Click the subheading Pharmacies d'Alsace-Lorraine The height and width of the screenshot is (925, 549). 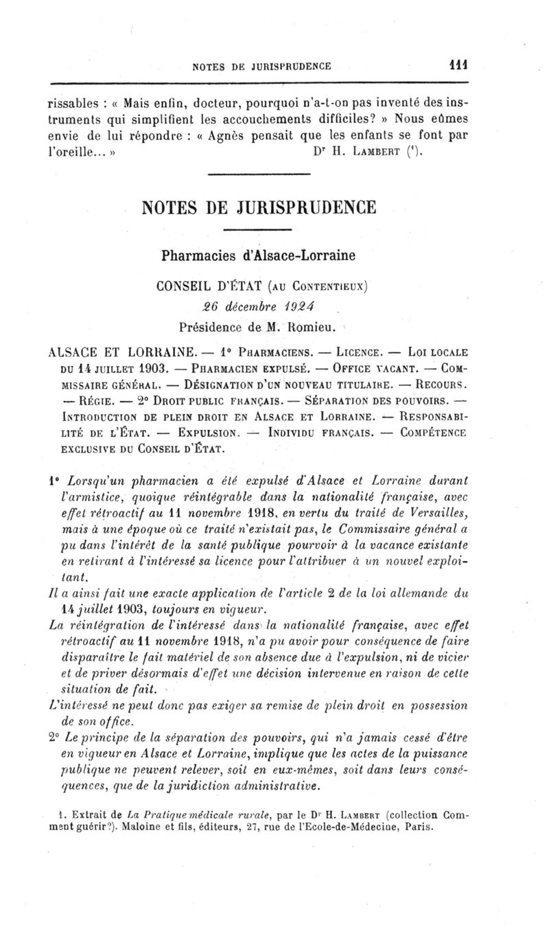(x=268, y=255)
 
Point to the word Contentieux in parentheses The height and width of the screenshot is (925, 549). (x=322, y=283)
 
